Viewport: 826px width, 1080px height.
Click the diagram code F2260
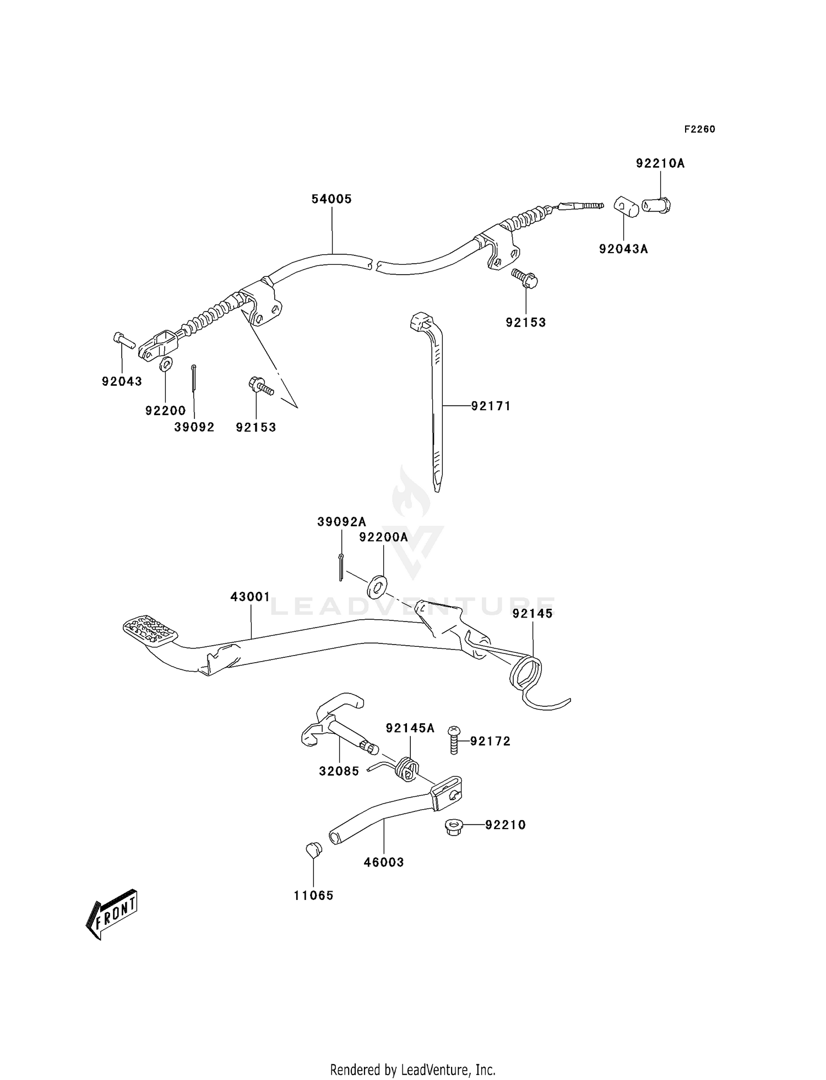tap(699, 129)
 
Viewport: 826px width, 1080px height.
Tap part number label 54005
tap(332, 199)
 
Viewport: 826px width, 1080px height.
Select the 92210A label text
tap(660, 163)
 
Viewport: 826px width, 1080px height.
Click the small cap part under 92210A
tap(657, 206)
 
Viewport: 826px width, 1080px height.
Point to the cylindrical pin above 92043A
tap(626, 208)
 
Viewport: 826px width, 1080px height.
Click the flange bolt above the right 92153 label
tap(525, 278)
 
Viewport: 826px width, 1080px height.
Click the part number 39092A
tap(341, 522)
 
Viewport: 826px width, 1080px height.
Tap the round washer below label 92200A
tap(377, 586)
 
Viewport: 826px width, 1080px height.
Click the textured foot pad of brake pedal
tap(148, 631)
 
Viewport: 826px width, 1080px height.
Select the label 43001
tap(250, 597)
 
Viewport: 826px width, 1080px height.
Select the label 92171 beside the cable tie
tap(491, 406)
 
